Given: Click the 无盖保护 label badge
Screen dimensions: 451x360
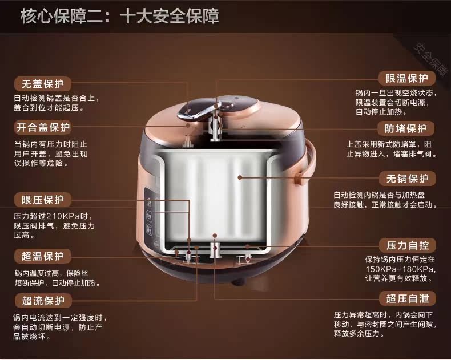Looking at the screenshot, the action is point(43,84).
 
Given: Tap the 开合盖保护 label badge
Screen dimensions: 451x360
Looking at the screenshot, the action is point(43,127).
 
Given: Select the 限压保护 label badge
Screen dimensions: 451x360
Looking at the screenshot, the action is point(43,200).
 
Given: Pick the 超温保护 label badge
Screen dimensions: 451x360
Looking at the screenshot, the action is point(43,256).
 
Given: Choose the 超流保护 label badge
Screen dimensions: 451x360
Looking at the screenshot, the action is point(43,301).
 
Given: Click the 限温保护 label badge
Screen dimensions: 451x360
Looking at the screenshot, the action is point(406,78).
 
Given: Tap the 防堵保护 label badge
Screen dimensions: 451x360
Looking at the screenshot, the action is point(406,128).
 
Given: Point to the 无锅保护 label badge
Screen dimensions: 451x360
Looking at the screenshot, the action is point(407,179).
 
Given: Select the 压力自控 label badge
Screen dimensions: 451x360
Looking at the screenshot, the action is point(407,245).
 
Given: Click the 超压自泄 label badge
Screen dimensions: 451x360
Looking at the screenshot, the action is point(407,298).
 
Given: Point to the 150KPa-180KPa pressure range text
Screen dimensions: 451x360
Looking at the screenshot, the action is point(398,269).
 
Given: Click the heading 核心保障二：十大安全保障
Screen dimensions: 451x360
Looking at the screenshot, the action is point(120,16).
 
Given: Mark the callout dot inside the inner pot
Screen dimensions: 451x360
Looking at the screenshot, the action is point(240,177).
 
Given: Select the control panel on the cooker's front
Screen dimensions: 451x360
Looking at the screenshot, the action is point(152,216).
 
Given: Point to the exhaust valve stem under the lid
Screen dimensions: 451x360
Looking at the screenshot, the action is point(215,127).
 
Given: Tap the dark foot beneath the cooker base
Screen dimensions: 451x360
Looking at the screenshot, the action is point(237,282).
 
